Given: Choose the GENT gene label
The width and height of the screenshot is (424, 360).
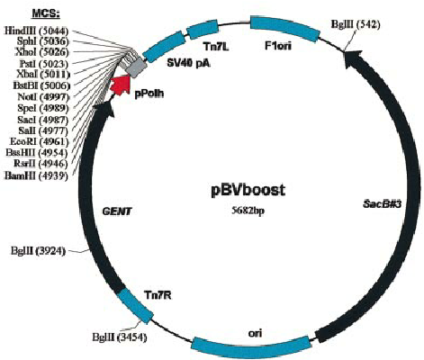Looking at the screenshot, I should point(118,211).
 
